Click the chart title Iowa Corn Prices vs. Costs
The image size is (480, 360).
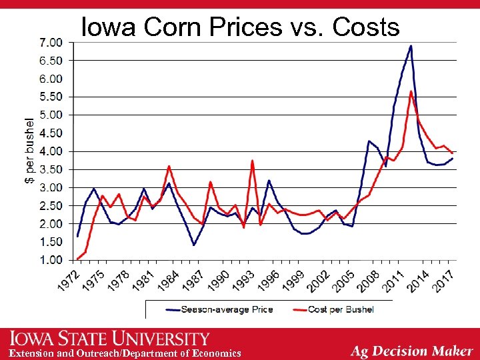point(240,27)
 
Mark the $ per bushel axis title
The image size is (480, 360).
point(29,151)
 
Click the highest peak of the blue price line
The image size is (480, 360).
point(411,46)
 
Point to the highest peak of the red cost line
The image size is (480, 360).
point(411,91)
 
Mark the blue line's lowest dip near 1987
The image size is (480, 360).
point(194,245)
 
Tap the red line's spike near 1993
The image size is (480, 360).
point(252,161)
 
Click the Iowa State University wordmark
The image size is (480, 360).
point(109,339)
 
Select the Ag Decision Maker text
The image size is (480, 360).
point(412,351)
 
